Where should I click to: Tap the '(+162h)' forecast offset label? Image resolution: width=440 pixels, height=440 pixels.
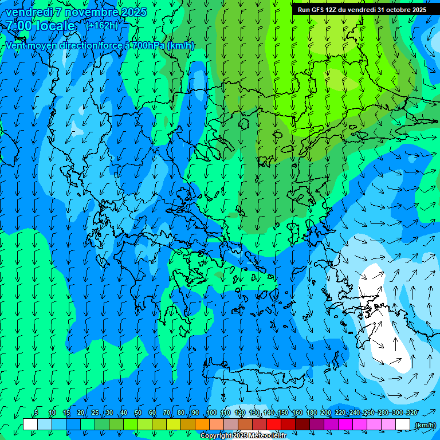101,25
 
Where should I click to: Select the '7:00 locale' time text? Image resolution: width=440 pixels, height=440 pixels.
40,26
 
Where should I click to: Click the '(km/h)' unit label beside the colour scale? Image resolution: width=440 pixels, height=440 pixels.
425,425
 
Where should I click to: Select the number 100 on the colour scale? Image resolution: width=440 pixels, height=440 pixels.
211,413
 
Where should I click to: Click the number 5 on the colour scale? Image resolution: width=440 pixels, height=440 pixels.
36,413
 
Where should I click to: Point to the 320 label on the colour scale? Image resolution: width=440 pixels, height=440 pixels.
412,413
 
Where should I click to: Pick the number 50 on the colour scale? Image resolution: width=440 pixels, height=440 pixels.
138,413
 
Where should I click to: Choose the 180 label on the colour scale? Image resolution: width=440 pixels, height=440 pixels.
312,413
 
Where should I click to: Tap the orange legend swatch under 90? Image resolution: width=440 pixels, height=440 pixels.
202,425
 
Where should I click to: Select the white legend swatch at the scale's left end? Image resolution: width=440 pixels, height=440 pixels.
30,425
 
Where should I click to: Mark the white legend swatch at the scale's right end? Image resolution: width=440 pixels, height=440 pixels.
403,425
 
